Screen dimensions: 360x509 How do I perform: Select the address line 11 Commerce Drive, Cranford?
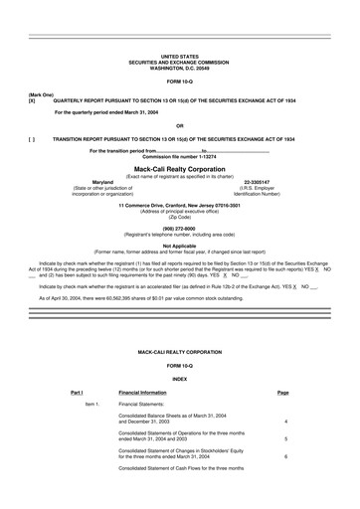pyautogui.click(x=179, y=206)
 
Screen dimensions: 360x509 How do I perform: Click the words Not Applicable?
pyautogui.click(x=179, y=245)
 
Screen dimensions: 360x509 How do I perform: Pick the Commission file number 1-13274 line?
pyautogui.click(x=179, y=157)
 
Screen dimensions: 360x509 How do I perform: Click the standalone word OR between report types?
pyautogui.click(x=179, y=124)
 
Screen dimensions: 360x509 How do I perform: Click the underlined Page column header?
pyautogui.click(x=283, y=393)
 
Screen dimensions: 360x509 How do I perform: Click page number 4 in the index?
pyautogui.click(x=285, y=422)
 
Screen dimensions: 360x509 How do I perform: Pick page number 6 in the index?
pyautogui.click(x=285, y=455)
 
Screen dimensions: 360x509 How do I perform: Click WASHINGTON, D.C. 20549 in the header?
pyautogui.click(x=179, y=68)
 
